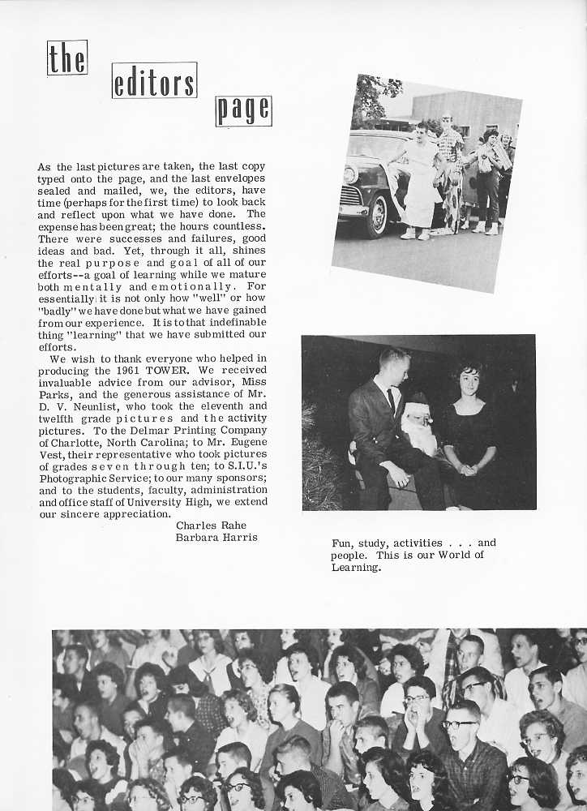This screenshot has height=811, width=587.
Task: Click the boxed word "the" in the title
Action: point(66,58)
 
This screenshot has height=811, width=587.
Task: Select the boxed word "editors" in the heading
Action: point(154,82)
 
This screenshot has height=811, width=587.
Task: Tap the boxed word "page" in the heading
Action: point(243,111)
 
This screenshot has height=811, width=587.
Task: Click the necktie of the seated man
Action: point(391,400)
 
